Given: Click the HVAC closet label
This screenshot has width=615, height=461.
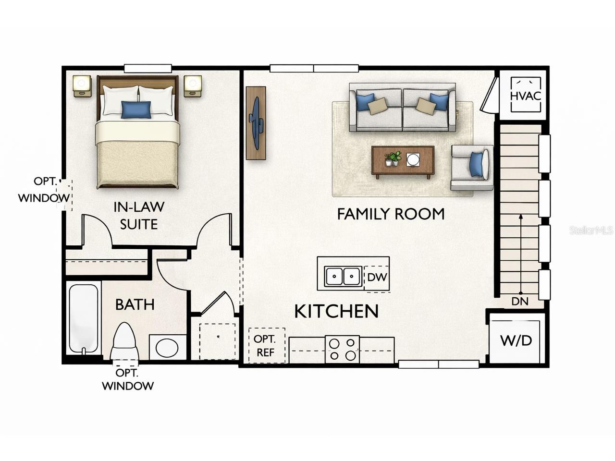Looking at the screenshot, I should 525,95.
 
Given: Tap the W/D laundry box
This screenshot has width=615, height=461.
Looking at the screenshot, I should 517,340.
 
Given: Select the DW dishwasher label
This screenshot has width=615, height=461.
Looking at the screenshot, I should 377,278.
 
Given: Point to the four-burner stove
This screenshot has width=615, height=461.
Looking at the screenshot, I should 342,349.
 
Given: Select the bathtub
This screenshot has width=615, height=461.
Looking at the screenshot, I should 84,318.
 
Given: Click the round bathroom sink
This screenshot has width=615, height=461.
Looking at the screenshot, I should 167,347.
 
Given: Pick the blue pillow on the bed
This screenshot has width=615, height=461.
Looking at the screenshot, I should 135,109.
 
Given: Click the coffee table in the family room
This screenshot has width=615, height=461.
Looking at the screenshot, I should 403,160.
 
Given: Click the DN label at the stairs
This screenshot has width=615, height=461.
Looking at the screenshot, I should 520,302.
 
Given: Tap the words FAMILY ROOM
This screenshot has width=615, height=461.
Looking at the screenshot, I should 390,214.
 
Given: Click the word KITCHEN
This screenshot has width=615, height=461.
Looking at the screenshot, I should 336,312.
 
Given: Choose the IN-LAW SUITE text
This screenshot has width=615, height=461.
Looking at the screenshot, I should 138,216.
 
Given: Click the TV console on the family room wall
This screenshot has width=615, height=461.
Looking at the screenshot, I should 256,123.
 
